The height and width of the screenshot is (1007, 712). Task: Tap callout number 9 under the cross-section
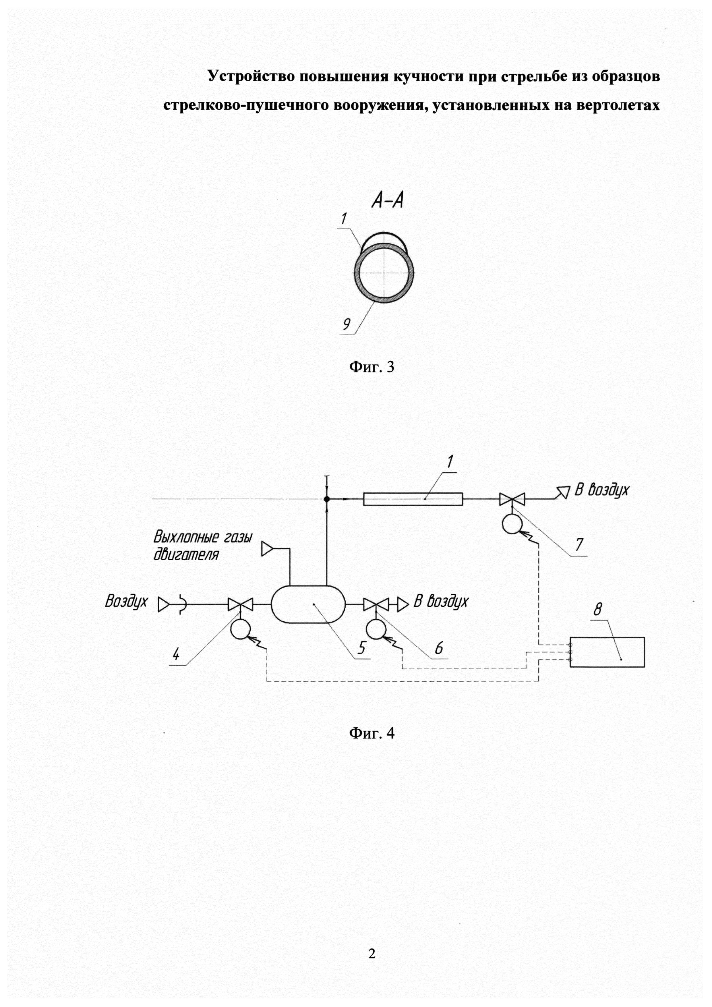(x=346, y=324)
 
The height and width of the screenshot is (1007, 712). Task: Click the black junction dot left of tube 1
(x=327, y=499)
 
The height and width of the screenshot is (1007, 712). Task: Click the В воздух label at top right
(x=601, y=490)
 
